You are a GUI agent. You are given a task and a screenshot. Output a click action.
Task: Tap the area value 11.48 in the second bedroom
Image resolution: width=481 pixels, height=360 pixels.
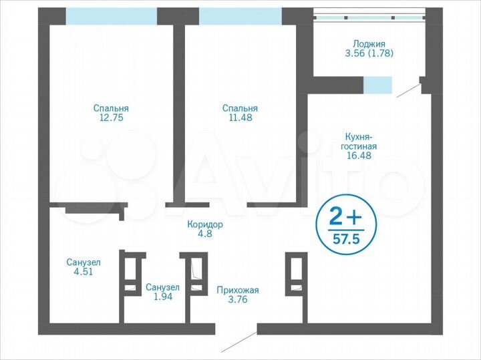240,118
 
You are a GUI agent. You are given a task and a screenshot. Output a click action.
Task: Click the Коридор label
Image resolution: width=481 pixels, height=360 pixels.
204,224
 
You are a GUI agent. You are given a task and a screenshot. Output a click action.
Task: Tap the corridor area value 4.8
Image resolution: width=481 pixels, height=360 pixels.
204,234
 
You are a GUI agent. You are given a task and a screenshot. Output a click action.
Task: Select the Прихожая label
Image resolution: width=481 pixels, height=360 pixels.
237,290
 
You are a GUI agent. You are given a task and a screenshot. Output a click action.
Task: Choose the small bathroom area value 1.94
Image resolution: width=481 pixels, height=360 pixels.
162,297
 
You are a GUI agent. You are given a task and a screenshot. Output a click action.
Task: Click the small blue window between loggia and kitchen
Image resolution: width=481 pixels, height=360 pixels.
377,85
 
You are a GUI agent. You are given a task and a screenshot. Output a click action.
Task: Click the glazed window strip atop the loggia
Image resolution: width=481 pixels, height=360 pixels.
369,16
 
